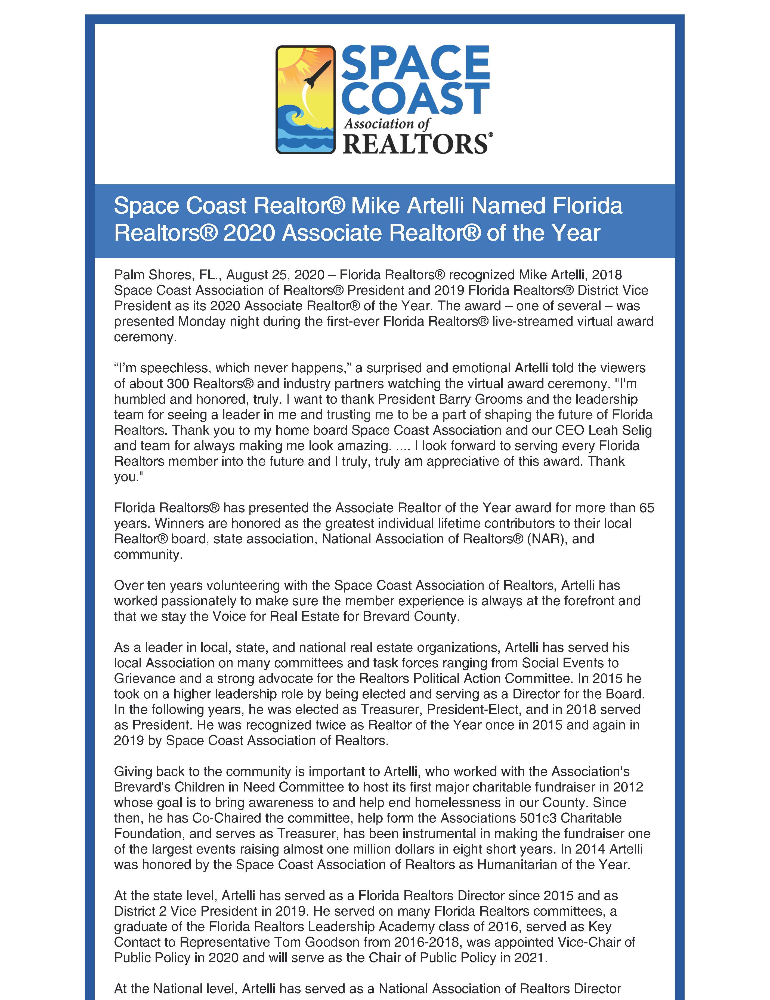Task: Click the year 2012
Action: click(x=627, y=787)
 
